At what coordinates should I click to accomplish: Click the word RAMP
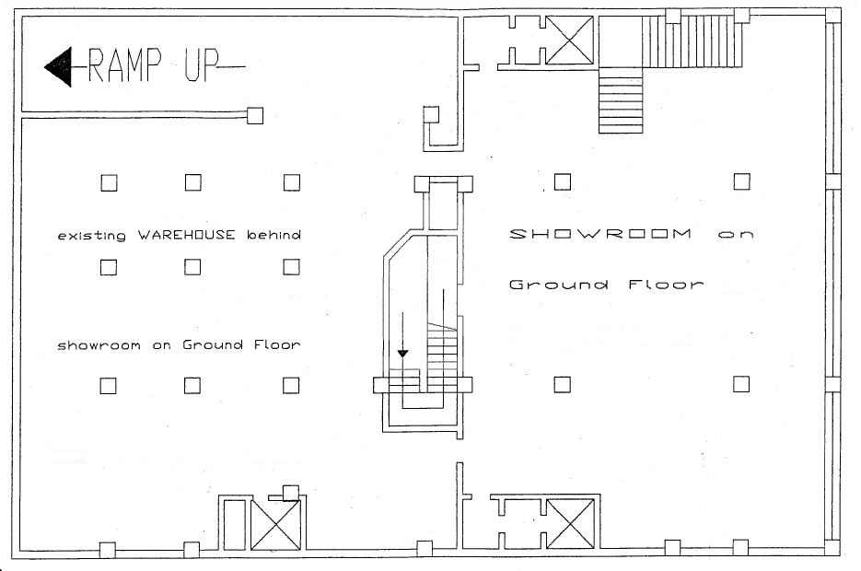[x=125, y=64]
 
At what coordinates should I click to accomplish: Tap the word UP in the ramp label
[x=201, y=64]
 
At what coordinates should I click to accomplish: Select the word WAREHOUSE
[x=187, y=235]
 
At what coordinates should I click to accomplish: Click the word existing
[x=92, y=236]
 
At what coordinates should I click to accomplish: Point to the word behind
[x=273, y=235]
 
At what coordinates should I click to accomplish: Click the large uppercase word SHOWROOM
[x=600, y=234]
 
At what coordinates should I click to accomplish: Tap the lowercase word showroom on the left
[x=99, y=346]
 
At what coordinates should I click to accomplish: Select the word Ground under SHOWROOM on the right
[x=559, y=285]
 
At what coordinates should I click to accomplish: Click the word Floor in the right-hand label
[x=666, y=285]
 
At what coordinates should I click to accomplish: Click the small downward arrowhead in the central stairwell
[x=402, y=354]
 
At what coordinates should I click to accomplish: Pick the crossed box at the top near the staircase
[x=570, y=41]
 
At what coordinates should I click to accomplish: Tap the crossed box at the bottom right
[x=570, y=524]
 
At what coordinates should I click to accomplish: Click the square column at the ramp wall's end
[x=255, y=115]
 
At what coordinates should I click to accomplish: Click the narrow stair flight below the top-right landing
[x=621, y=100]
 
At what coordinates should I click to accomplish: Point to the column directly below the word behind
[x=292, y=267]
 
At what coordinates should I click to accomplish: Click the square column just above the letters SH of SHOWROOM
[x=563, y=181]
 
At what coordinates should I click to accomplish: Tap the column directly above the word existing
[x=109, y=182]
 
